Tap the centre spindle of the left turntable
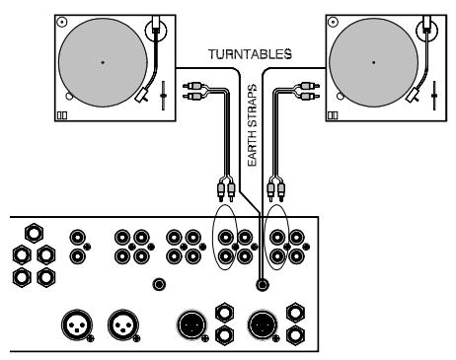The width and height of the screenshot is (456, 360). click(x=103, y=62)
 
